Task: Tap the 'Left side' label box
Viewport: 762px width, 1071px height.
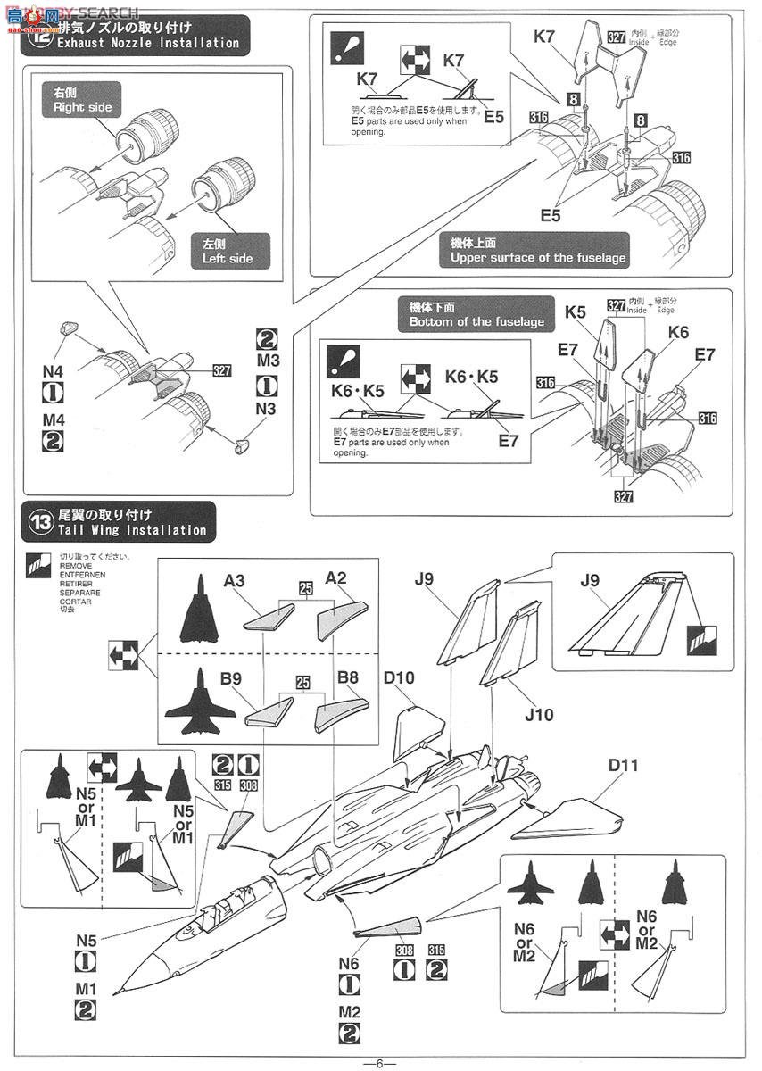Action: pos(228,250)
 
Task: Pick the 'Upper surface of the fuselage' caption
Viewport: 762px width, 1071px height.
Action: pos(537,250)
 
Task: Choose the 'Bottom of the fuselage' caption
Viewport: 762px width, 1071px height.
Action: pos(476,314)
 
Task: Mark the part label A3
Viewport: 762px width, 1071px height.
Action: pos(234,580)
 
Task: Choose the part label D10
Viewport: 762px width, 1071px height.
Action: pos(399,678)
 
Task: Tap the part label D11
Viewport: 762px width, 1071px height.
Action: pos(623,765)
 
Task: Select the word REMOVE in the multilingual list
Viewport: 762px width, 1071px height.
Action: pos(75,565)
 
